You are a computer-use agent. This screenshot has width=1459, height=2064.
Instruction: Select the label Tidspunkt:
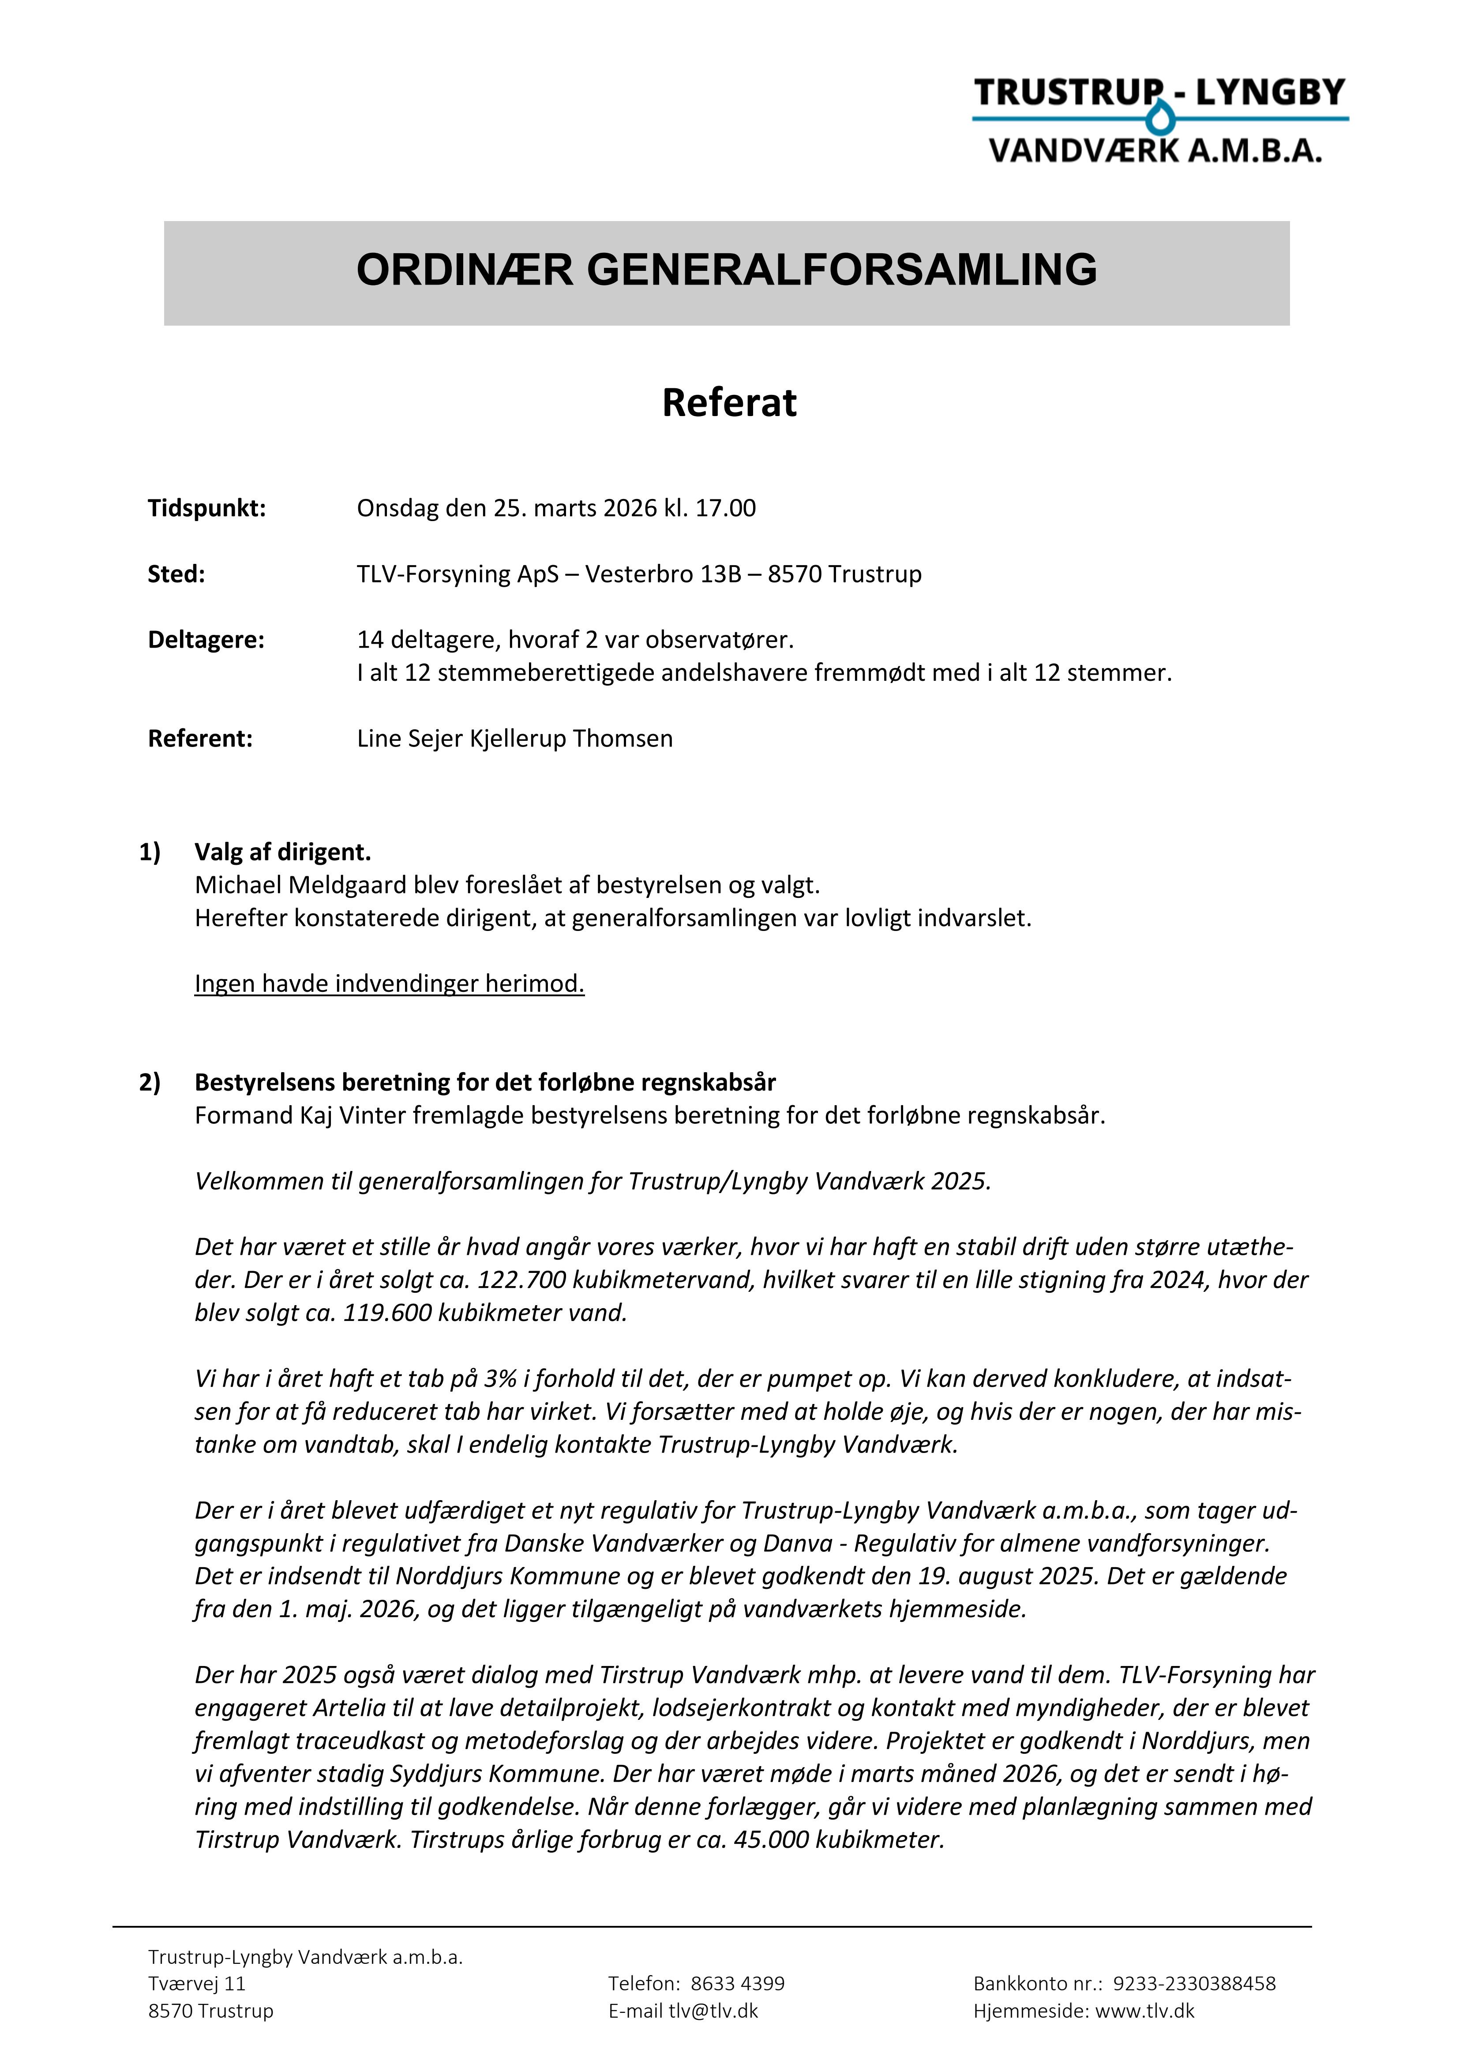coord(207,509)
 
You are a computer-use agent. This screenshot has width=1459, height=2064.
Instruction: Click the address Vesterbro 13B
coord(664,574)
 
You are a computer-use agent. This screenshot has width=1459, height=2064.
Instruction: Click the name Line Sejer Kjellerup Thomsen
coord(514,739)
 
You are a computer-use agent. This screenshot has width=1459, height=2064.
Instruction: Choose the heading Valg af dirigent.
coord(282,852)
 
